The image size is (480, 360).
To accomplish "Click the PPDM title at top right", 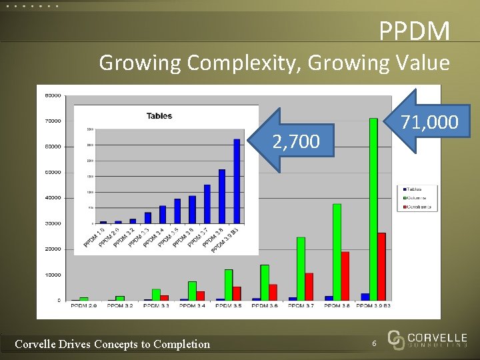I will click(414, 31).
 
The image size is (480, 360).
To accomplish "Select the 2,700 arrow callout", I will click(293, 141).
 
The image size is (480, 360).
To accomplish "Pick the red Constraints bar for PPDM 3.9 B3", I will click(381, 266).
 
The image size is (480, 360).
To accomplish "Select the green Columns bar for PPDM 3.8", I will click(337, 251).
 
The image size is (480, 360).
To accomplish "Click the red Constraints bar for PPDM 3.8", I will click(345, 275).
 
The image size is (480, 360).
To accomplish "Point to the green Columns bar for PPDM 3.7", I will click(301, 268).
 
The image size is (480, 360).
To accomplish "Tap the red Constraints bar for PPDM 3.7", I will click(309, 286).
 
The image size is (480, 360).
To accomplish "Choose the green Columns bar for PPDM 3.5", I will click(229, 284).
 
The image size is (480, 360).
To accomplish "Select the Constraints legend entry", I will click(417, 207).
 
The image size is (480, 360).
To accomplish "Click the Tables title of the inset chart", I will click(159, 116).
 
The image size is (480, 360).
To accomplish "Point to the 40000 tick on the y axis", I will click(53, 197).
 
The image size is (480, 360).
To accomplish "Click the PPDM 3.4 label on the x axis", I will click(191, 305).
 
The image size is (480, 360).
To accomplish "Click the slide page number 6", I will click(375, 343).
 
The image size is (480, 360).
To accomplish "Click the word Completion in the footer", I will click(181, 344).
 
